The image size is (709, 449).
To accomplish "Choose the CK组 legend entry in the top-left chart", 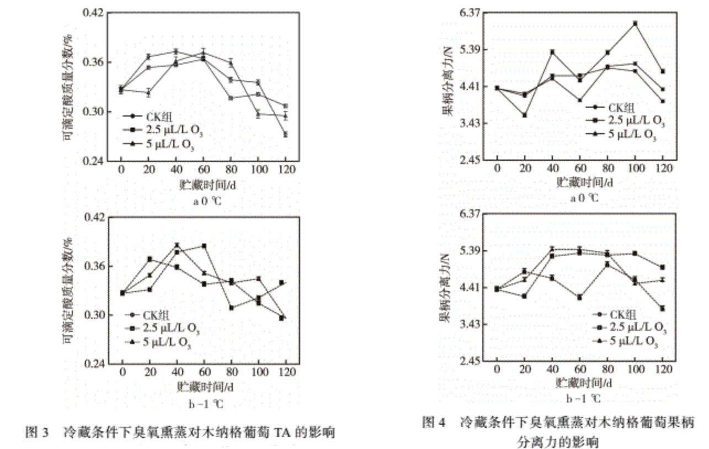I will [x=160, y=117].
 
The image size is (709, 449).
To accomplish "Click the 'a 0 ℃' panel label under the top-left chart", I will [x=207, y=201].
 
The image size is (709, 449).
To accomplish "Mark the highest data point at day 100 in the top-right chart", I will [x=635, y=23].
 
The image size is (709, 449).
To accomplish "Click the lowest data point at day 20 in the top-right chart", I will [x=525, y=115].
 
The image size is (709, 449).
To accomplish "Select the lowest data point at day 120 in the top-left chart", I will [x=285, y=134].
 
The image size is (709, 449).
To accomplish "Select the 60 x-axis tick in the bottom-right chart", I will [x=579, y=369].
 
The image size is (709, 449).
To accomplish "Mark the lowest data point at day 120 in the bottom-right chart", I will [x=662, y=309].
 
